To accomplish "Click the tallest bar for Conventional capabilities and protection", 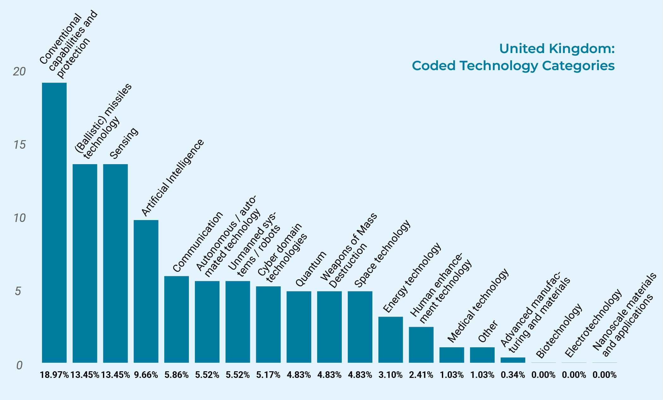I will click(54, 223).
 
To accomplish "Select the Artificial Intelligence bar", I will click(146, 291).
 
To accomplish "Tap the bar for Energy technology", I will click(390, 340).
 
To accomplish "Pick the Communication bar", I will click(177, 319).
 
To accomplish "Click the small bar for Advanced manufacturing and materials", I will click(513, 360).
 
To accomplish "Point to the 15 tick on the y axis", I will click(19, 145).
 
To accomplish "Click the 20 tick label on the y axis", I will click(19, 72).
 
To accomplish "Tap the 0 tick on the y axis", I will click(19, 365).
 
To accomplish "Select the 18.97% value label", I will click(54, 375).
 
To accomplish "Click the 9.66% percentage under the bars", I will click(146, 375).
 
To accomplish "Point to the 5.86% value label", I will click(177, 375).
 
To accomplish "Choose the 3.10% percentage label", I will click(390, 375).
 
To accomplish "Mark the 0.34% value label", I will click(513, 375).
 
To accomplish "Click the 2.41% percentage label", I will click(421, 375).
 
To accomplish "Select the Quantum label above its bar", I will click(310, 269).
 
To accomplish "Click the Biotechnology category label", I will click(559, 331).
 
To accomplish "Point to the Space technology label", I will click(382, 254).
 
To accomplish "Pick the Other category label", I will click(488, 331).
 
